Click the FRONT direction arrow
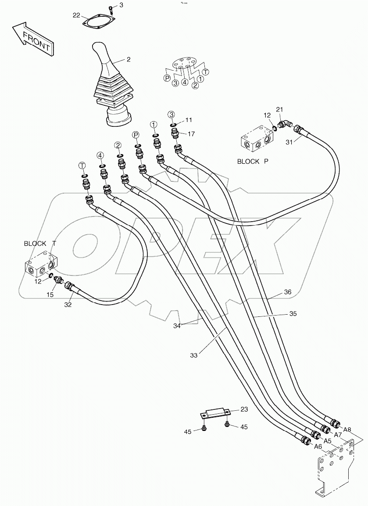[x=32, y=38]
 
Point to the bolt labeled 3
[x=111, y=9]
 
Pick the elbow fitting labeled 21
[x=286, y=125]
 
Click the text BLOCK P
[x=253, y=161]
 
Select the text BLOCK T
[x=40, y=243]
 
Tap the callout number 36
[x=287, y=292]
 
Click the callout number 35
[x=293, y=314]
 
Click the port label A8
[x=347, y=430]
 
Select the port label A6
[x=319, y=446]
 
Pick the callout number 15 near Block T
[x=50, y=295]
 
